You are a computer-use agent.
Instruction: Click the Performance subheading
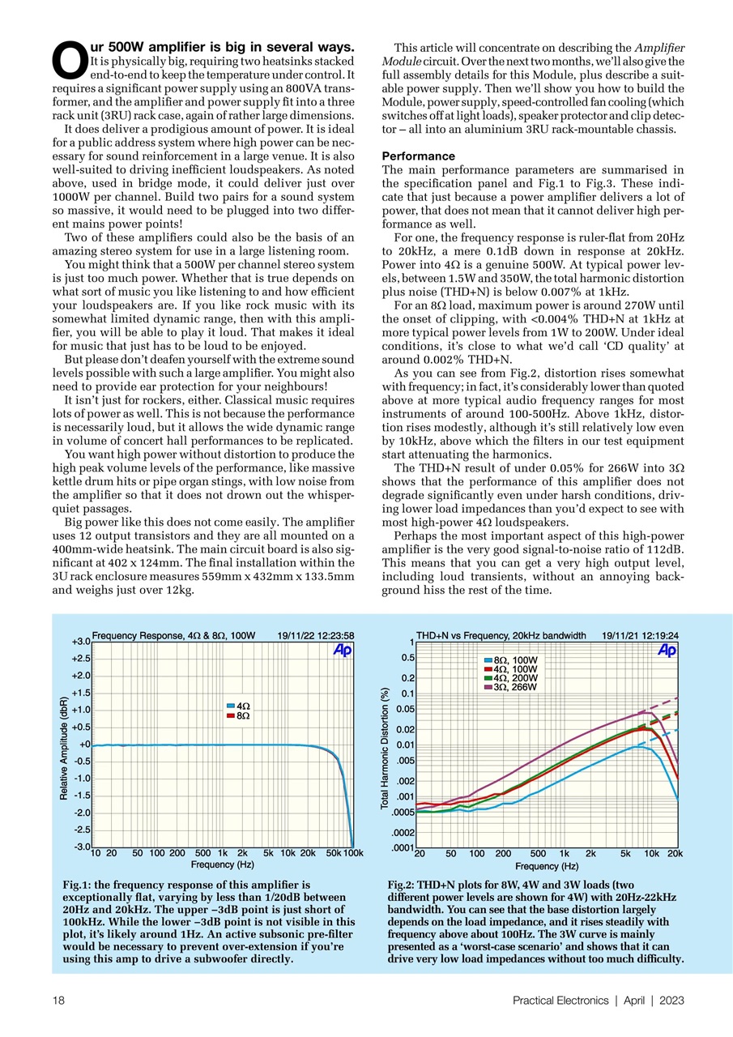(x=418, y=156)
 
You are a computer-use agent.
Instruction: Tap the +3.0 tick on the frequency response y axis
(x=79, y=642)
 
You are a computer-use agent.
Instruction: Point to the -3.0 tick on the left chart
(x=79, y=847)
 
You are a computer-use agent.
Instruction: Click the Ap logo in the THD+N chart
(x=667, y=651)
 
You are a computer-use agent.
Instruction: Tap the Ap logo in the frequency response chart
(x=343, y=651)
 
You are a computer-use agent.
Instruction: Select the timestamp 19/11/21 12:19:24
(x=640, y=635)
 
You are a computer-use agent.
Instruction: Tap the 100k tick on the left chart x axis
(x=353, y=853)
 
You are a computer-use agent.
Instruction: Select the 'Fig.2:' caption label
(x=402, y=886)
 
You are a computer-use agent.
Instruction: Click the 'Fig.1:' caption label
(x=78, y=886)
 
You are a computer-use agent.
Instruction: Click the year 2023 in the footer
(x=671, y=1001)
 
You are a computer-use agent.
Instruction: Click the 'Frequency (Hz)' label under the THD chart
(x=547, y=865)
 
